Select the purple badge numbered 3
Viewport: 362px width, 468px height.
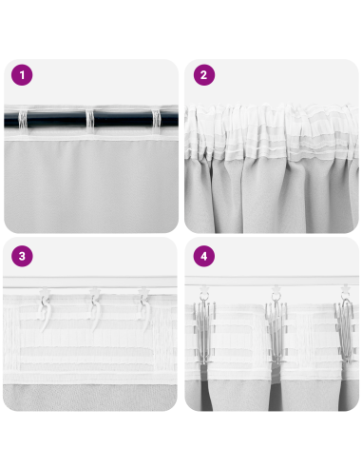click(x=21, y=256)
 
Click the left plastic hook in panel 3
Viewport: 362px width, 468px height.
click(x=44, y=310)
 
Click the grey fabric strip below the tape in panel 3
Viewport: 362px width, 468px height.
click(x=90, y=395)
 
